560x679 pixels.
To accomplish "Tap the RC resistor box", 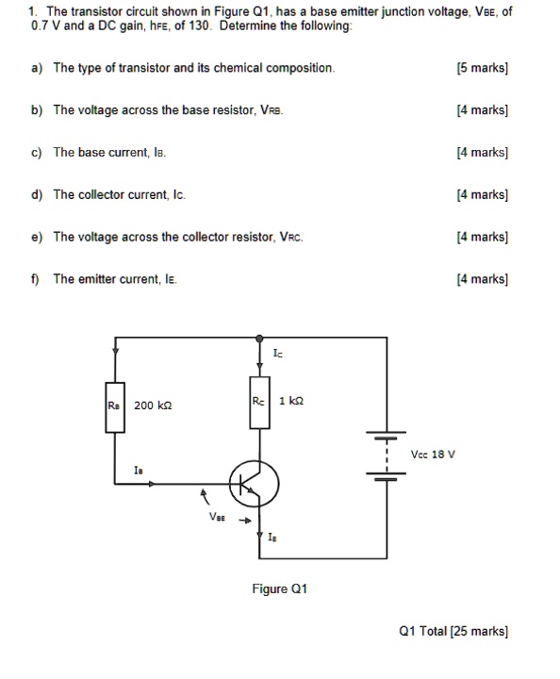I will coord(258,403).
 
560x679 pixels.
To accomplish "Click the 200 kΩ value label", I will coord(153,406).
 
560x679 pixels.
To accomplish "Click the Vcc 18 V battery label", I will coord(434,454).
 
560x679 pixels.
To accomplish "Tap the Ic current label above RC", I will coord(276,355).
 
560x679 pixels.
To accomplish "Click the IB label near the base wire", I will coord(139,468).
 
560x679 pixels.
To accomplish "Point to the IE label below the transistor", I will coord(272,538).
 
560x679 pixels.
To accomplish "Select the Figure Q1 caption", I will coord(279,588).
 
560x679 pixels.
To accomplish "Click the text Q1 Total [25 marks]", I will coord(454,631).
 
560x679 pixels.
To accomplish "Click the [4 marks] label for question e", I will coord(482,237).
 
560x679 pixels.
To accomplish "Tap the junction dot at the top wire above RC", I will coord(258,337).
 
